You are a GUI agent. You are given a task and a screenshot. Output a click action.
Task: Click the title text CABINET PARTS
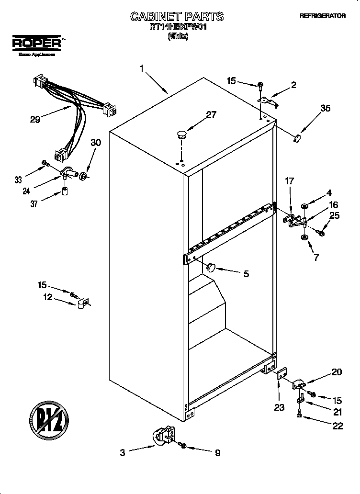[177, 17]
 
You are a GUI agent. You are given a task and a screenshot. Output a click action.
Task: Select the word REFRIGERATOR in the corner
[322, 16]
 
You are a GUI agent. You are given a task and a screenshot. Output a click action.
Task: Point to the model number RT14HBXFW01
[177, 28]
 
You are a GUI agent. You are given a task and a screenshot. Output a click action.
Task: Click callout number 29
[35, 120]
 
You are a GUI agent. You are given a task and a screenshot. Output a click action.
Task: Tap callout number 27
[211, 114]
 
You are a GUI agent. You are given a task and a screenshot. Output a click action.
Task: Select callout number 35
[325, 109]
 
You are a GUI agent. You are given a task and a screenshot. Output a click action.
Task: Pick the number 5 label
[246, 274]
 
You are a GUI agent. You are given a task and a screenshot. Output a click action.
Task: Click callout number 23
[279, 407]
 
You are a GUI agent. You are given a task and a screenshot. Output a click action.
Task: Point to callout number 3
[123, 452]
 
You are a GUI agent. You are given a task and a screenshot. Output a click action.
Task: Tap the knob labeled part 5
[211, 267]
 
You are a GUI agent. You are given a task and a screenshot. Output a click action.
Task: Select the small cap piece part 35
[297, 138]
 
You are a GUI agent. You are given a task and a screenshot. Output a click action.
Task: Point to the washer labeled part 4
[304, 206]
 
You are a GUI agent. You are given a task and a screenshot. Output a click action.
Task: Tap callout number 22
[337, 426]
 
